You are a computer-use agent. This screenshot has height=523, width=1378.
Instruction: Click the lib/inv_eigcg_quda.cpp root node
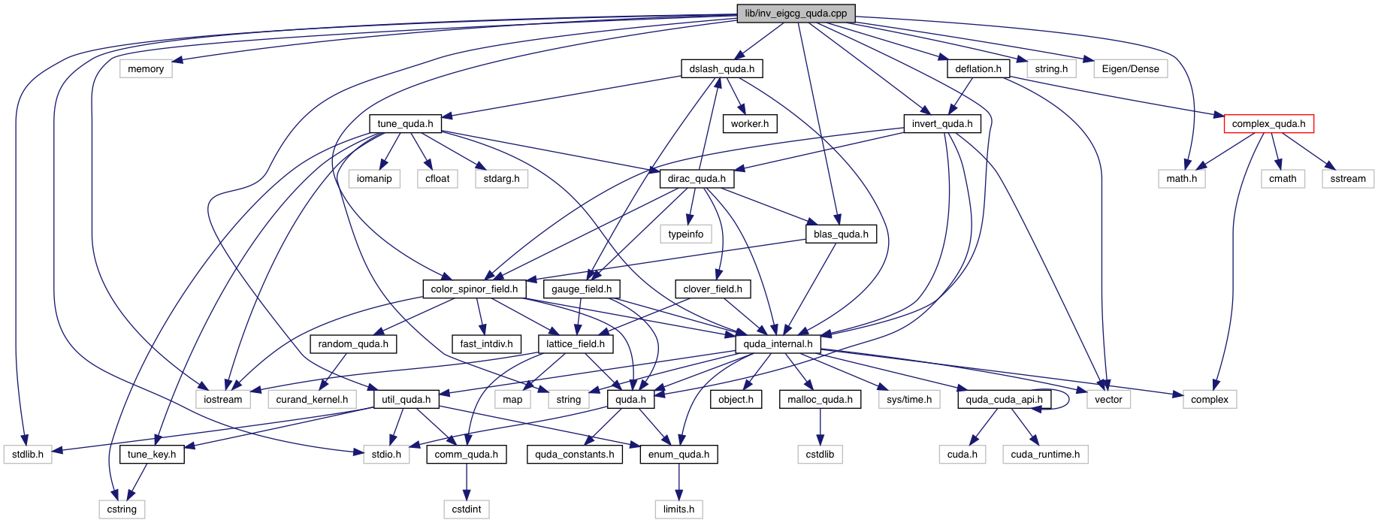coord(796,14)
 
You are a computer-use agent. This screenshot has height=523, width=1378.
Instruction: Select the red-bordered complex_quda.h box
coord(1268,124)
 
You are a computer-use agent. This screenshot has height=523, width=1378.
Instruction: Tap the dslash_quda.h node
coord(721,69)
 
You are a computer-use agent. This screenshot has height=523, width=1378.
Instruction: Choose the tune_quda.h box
coord(405,124)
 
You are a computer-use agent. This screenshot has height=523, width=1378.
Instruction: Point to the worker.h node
coord(749,124)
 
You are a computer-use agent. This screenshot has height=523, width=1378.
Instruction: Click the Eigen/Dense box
coord(1130,69)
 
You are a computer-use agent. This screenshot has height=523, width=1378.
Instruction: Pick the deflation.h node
coord(978,69)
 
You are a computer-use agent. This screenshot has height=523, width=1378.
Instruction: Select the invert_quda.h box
coord(941,124)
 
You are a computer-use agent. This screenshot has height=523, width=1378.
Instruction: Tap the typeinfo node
coord(685,234)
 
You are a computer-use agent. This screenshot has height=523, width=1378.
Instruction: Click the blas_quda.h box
coord(841,234)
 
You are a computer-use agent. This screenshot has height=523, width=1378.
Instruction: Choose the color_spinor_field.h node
coord(474,289)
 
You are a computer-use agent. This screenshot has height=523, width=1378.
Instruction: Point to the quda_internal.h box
coord(778,344)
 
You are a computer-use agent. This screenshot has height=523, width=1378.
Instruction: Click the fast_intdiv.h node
coord(486,344)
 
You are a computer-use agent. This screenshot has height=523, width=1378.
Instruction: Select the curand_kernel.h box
coord(312,400)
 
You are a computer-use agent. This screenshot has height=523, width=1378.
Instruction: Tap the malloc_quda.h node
coord(820,400)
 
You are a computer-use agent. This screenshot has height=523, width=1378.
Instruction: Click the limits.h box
coord(678,509)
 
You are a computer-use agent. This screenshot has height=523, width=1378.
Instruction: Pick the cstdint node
coord(467,509)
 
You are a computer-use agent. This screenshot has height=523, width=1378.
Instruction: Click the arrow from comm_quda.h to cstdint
coord(467,482)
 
